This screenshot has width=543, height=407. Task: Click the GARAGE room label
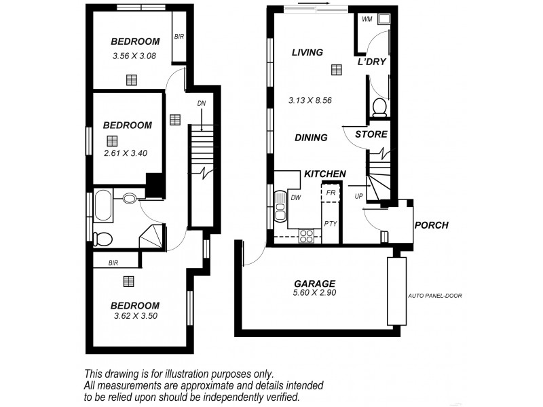coord(314,284)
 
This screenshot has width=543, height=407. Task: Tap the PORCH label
coord(431,225)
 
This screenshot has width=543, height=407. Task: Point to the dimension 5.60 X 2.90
coord(314,293)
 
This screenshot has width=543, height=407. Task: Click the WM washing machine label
coord(367,19)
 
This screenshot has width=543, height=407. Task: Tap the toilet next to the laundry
coord(379,107)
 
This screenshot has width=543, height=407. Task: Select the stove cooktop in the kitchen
coord(307,235)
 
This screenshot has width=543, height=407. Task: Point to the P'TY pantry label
coord(331,223)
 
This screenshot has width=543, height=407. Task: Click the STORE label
coord(371,134)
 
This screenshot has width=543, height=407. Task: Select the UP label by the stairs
coord(359,197)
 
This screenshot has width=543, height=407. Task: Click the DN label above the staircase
coord(202,104)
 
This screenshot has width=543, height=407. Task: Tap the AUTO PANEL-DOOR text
coord(435,296)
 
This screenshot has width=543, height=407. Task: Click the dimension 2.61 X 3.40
coord(126,153)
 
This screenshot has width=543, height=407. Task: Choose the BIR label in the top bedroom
coord(179,37)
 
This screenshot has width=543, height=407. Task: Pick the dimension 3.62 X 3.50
coord(135,315)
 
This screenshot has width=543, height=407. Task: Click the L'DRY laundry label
coord(371,62)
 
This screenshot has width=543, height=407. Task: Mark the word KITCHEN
coord(324,174)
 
